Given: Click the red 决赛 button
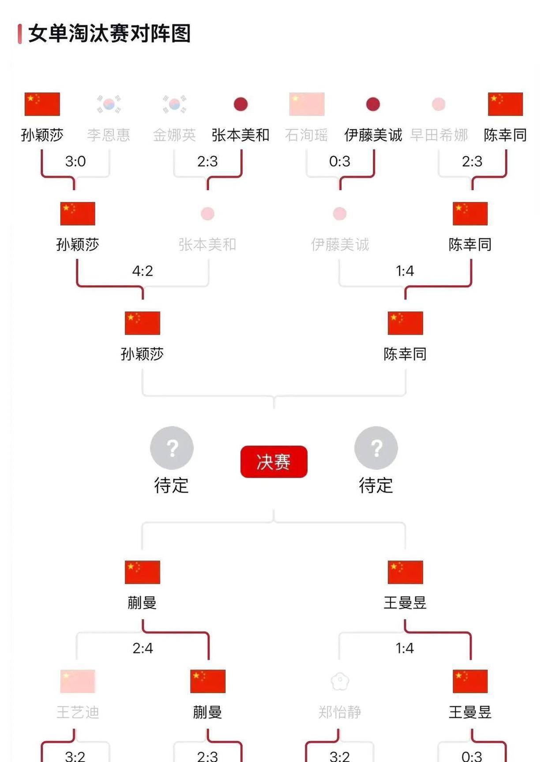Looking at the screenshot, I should [x=274, y=462].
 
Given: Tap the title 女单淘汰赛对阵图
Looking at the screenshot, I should [x=109, y=34].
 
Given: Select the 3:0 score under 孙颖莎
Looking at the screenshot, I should [x=75, y=161].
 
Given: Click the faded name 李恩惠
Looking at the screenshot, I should [x=109, y=135].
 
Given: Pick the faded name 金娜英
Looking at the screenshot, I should [x=174, y=135].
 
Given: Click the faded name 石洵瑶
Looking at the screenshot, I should [x=306, y=135].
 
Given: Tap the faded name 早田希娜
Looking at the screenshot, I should [x=439, y=135].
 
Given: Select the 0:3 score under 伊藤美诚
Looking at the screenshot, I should [x=339, y=161].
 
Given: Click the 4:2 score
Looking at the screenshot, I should [x=143, y=271].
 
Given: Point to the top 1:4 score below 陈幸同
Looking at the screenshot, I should [x=405, y=271].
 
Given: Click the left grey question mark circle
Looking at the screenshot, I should [x=172, y=448].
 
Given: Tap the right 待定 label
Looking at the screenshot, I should [x=376, y=486].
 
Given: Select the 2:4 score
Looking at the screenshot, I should [x=143, y=648].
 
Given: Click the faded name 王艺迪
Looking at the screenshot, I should [x=78, y=712].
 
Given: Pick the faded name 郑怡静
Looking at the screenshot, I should [x=340, y=712].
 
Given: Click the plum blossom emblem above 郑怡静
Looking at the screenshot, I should [x=340, y=681].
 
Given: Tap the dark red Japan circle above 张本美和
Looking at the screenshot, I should [x=240, y=105].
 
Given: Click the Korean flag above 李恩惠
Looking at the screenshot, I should [x=109, y=104].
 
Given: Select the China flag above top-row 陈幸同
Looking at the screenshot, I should [x=505, y=104].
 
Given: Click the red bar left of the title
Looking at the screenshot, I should [x=20, y=34].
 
